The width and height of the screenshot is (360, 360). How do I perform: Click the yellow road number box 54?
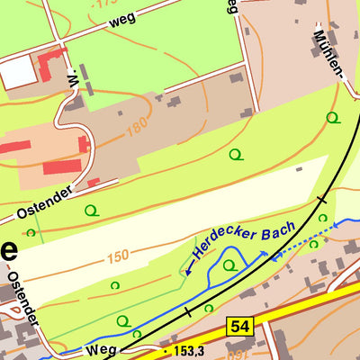click(238, 327)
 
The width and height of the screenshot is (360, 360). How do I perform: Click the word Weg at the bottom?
click(102, 350)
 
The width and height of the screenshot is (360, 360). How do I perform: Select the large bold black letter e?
click(6, 250)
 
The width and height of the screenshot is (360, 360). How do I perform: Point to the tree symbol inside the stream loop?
click(230, 265)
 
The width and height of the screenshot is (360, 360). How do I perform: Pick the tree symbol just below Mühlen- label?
click(332, 117)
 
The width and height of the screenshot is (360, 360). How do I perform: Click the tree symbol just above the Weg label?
click(123, 321)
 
